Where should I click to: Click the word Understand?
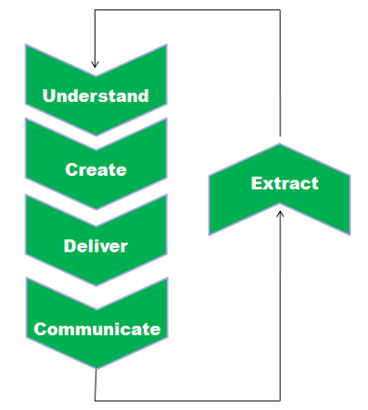point(96,96)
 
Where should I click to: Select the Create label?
point(96,169)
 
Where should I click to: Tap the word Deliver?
point(96,246)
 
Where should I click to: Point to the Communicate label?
point(97,329)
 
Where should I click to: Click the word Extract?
point(285,183)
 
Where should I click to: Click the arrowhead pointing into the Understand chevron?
point(95,65)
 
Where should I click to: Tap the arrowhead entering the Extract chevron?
point(280,214)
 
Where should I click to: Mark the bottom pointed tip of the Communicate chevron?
point(97,369)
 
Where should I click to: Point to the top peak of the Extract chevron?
point(280,144)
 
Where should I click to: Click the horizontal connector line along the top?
point(188,10)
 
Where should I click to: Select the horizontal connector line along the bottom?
point(188,401)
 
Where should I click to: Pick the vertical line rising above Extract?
point(280,73)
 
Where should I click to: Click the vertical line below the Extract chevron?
point(280,306)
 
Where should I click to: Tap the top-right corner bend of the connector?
point(280,10)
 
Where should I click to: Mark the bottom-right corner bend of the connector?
point(280,401)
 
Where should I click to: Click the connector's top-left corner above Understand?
point(95,10)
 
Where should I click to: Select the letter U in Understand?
point(48,96)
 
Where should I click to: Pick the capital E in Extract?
point(256,183)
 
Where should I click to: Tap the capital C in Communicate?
point(40,329)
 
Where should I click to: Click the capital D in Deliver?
point(70,246)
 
